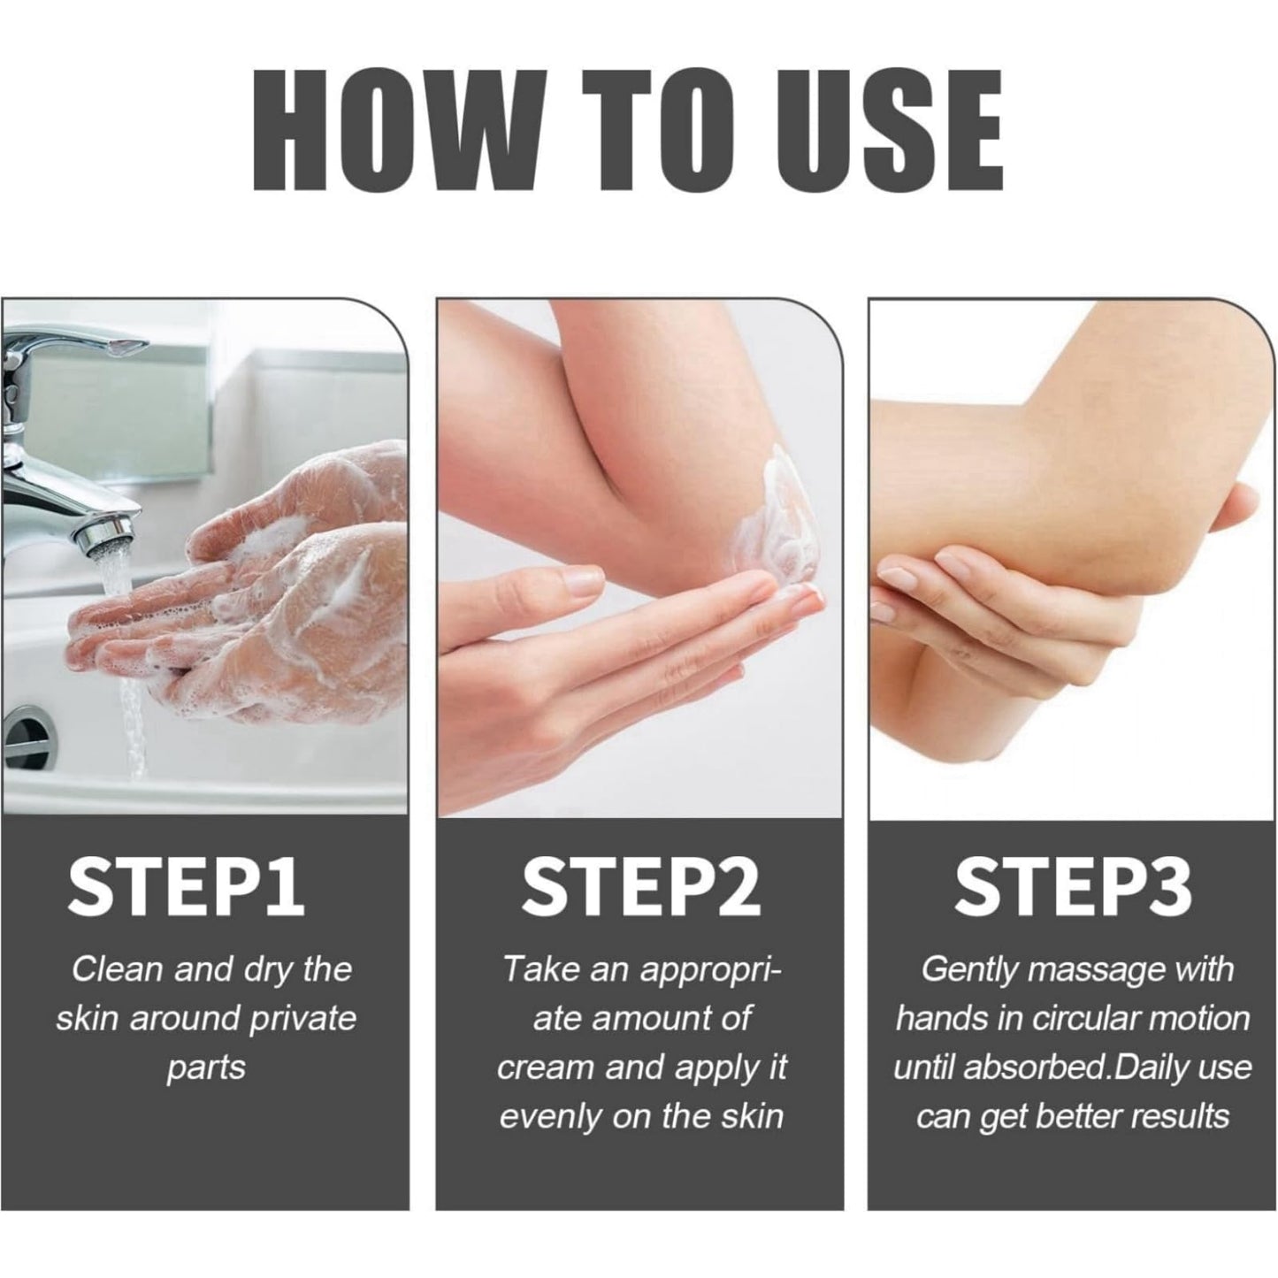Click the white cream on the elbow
(x=776, y=524)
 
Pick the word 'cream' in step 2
(x=545, y=1068)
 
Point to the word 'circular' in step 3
(x=1082, y=1019)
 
